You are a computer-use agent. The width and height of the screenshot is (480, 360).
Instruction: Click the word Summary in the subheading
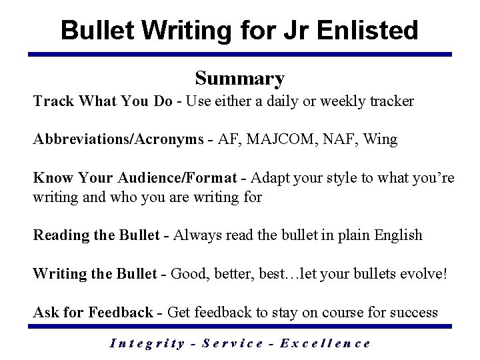tap(240, 79)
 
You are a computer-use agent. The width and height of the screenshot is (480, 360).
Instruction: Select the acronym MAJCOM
tap(269, 139)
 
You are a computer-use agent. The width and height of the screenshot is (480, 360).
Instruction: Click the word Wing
tap(380, 139)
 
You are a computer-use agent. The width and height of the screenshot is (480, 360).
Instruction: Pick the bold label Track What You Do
tap(103, 101)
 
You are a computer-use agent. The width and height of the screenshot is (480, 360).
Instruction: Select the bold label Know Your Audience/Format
tap(134, 178)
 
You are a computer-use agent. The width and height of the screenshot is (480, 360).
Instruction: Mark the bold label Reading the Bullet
tap(97, 235)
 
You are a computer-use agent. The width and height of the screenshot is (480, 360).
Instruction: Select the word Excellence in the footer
tap(325, 343)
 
